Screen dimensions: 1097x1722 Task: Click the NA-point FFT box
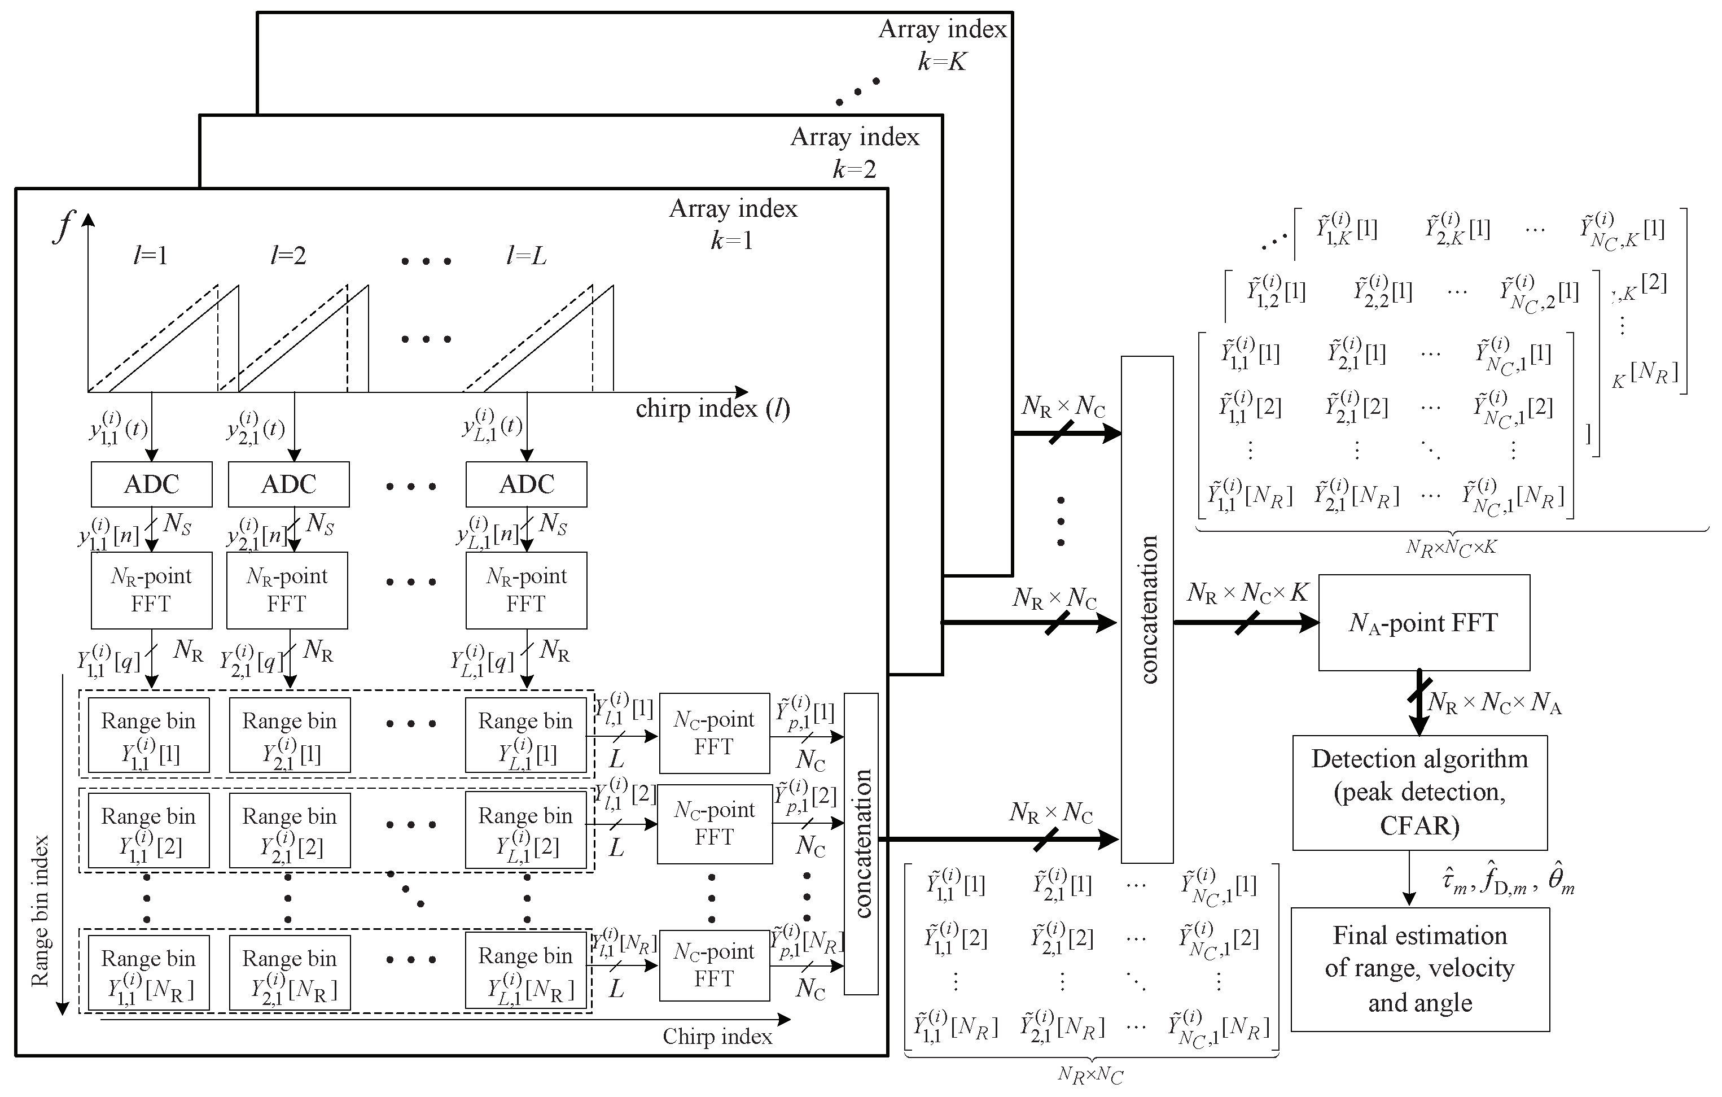1423,622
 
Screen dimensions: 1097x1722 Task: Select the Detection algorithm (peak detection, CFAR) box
1419,792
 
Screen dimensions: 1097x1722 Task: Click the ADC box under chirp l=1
152,484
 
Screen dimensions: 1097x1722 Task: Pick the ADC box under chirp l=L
527,484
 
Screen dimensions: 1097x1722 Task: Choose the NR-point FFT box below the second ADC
287,590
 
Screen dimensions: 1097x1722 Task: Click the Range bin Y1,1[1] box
149,735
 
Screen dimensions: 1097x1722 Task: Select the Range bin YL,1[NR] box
525,971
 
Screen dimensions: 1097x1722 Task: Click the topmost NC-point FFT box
713,733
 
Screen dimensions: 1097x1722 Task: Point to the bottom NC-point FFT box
713,965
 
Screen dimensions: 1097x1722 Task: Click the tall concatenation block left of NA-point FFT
1146,609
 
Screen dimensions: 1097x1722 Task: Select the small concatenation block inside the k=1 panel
861,844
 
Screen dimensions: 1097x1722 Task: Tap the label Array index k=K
942,45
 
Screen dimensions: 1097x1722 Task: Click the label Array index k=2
855,152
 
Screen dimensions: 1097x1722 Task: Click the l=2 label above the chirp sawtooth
288,255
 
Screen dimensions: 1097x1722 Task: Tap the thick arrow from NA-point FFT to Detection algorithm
1419,702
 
